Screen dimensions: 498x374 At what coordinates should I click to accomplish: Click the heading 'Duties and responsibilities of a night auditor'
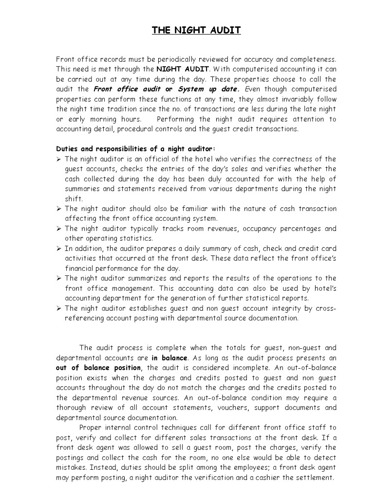coord(135,149)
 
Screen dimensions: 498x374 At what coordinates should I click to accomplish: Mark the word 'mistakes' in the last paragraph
coord(72,467)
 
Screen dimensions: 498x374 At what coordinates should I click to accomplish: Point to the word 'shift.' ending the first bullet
coord(74,198)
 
